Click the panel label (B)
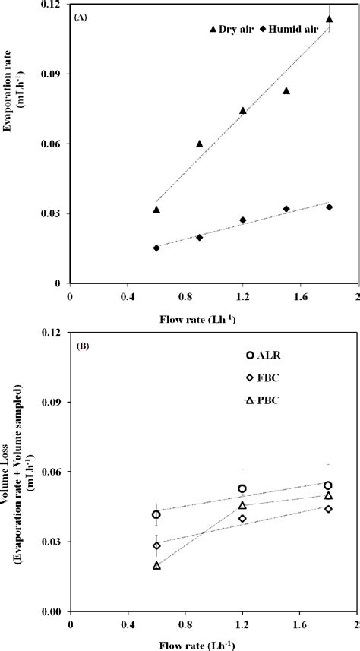click(81, 344)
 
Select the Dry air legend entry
click(232, 29)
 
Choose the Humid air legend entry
click(287, 29)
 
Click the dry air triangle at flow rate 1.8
click(329, 19)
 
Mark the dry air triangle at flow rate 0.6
click(156, 210)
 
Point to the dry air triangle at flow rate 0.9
click(200, 144)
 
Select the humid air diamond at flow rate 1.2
click(243, 220)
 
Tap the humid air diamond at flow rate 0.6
click(156, 248)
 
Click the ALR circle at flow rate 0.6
click(156, 514)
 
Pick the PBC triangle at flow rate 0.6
click(156, 565)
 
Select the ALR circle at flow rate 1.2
click(242, 489)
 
